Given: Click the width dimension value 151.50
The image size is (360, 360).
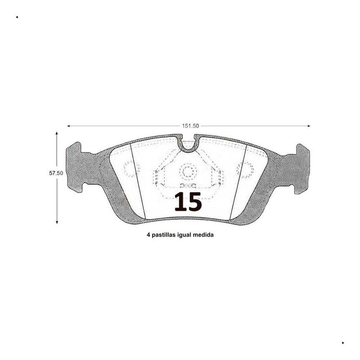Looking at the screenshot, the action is click(190, 126).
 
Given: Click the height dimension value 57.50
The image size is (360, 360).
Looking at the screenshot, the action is click(56, 173).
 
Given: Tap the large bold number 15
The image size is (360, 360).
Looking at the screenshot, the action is click(188, 202).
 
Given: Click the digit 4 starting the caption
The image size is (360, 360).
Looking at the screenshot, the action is click(148, 235).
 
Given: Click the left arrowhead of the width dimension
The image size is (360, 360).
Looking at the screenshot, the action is click(69, 126).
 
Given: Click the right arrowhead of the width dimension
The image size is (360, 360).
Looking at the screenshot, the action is click(309, 126).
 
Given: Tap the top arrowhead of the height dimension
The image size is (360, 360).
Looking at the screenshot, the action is click(57, 133).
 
